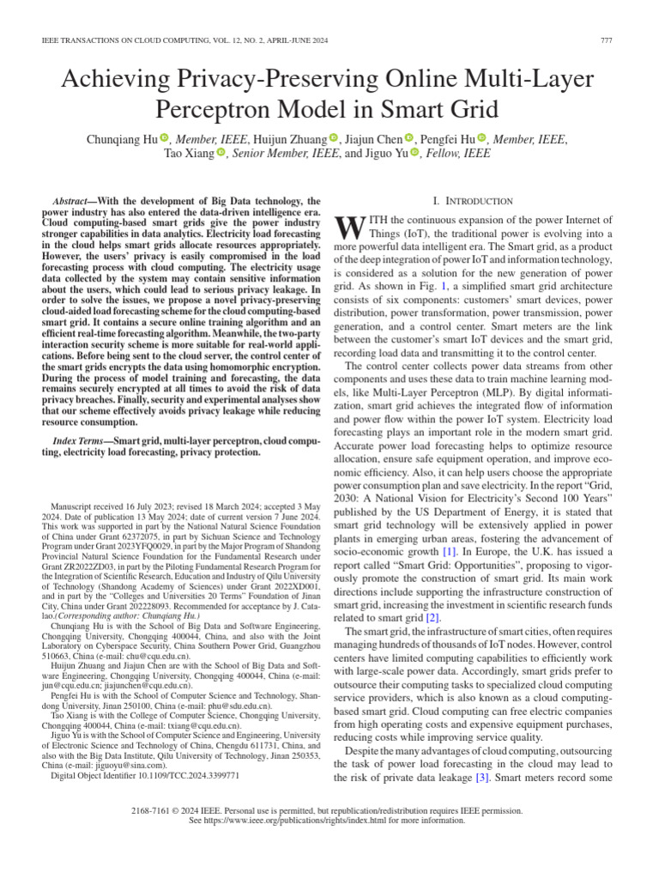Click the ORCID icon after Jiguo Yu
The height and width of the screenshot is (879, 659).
[415, 154]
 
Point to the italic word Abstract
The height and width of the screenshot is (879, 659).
[73, 199]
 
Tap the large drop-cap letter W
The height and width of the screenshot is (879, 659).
[345, 227]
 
